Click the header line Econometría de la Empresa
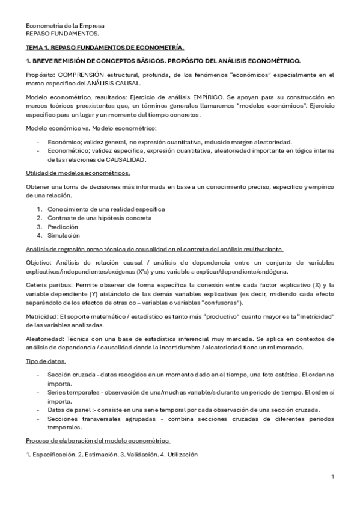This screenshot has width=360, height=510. pos(65,26)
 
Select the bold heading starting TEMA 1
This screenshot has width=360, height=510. pos(105,47)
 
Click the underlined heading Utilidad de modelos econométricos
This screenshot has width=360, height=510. pos(82,173)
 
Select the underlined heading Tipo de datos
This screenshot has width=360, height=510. pos(46,360)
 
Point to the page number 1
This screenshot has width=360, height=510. pos(332,476)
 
